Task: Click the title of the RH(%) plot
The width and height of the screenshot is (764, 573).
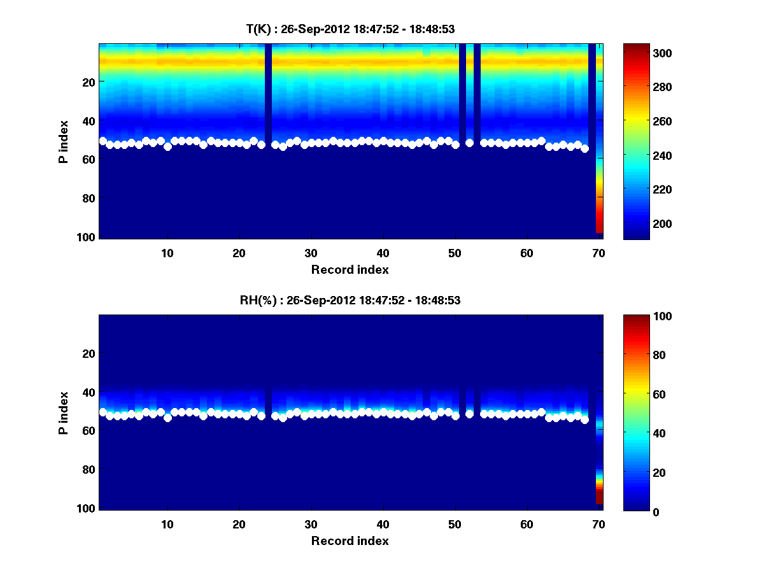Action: (x=346, y=300)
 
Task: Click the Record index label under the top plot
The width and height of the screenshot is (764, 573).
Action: (x=350, y=269)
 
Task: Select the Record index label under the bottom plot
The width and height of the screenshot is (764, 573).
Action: (x=350, y=541)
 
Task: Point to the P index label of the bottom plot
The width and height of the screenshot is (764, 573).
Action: (x=64, y=413)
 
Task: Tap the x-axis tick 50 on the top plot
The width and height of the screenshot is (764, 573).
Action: (x=455, y=253)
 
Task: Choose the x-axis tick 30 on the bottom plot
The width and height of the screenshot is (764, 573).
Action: (x=311, y=524)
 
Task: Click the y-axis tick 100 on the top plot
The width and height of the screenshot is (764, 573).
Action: (x=87, y=237)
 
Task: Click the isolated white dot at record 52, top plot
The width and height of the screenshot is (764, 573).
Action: (x=469, y=143)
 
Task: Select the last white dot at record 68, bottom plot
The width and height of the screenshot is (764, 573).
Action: (x=584, y=420)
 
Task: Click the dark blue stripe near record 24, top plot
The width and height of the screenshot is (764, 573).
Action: (x=268, y=95)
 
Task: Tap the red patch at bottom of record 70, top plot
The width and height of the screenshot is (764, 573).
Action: (x=599, y=223)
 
